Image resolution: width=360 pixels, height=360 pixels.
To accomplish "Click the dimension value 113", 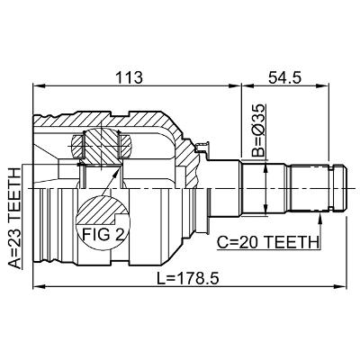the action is [129, 78].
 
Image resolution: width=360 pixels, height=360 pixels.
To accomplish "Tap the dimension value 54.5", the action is [284, 78].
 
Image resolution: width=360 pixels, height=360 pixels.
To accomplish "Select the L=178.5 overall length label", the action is [188, 279].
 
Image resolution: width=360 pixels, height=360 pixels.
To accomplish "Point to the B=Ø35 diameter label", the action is [258, 130].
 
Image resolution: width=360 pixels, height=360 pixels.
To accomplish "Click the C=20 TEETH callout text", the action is [267, 242].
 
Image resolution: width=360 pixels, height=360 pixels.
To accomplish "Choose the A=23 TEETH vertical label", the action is [14, 218].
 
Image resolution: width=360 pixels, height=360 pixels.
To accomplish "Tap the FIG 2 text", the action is [103, 234].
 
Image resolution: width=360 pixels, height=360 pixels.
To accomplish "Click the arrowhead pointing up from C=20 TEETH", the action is [320, 219].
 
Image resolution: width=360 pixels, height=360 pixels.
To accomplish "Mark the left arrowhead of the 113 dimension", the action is [39, 86].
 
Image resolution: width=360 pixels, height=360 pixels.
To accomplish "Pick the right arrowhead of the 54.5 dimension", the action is [323, 86].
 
